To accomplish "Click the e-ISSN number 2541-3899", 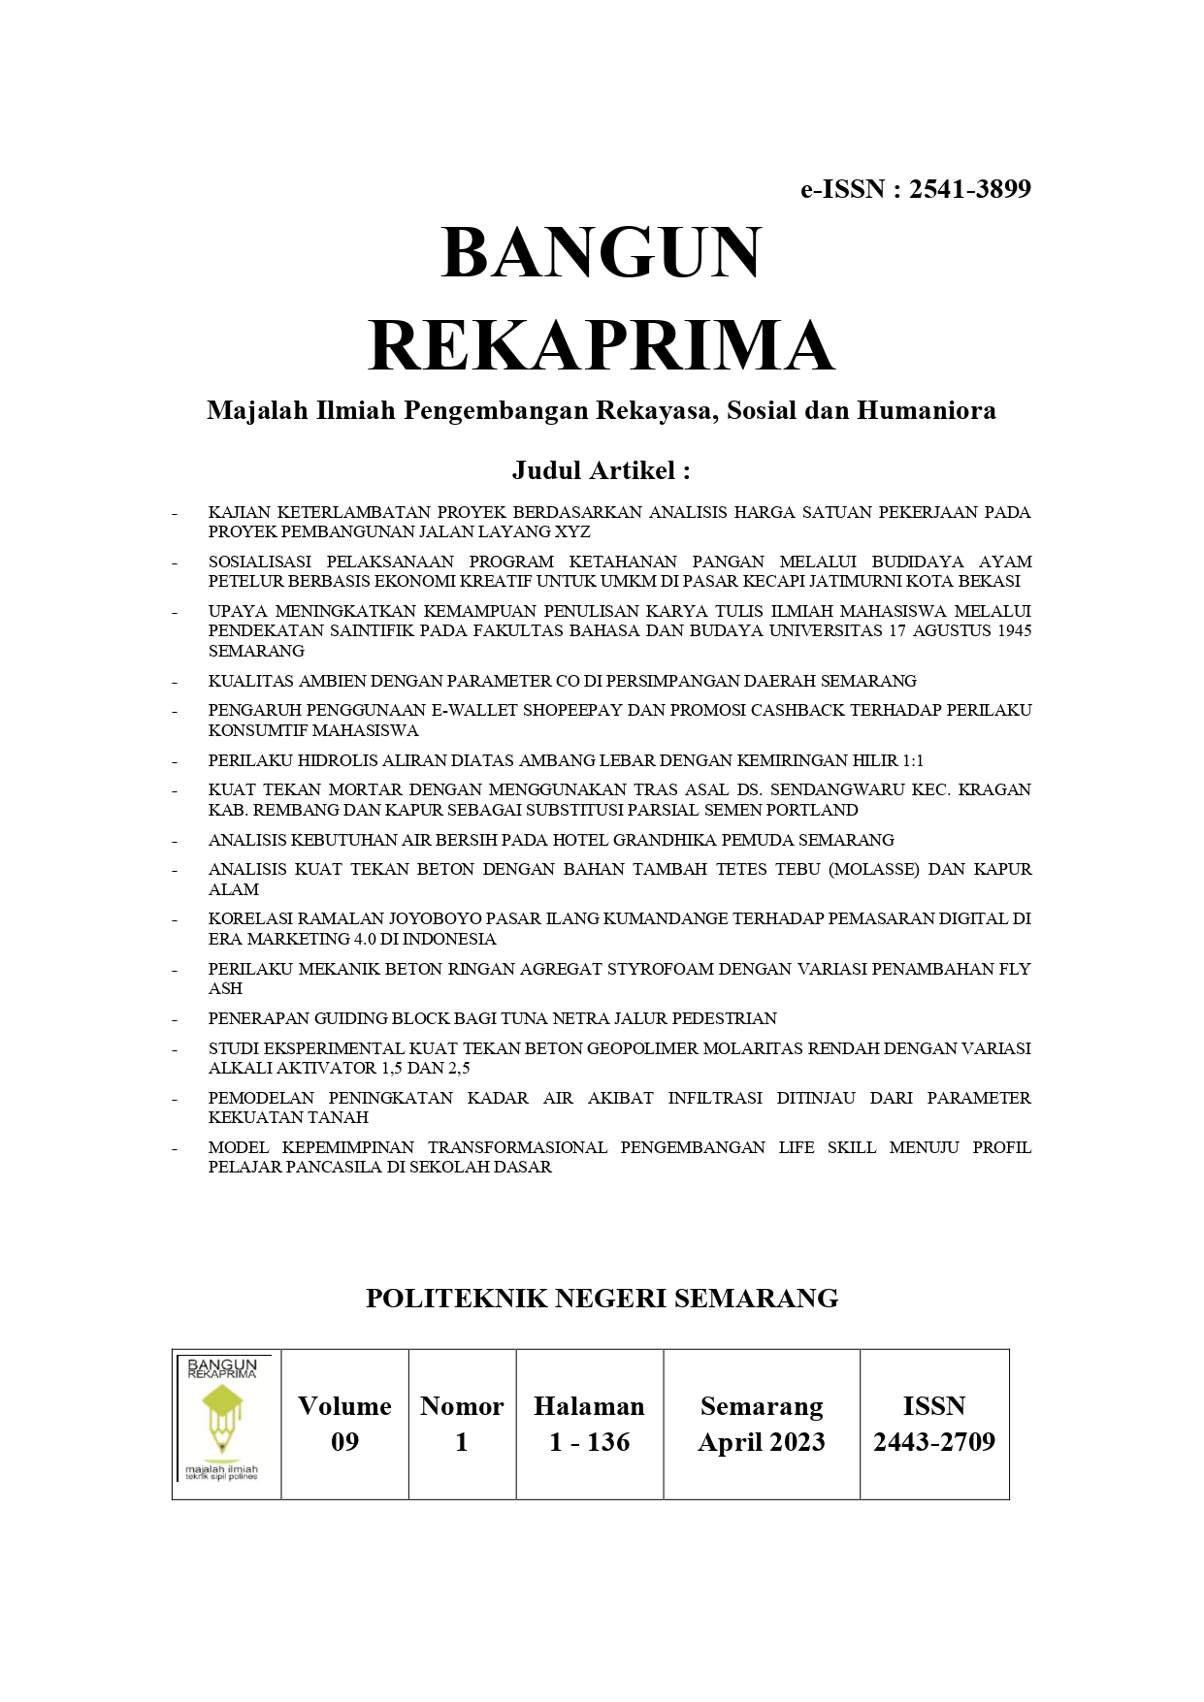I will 969,189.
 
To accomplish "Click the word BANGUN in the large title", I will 602,252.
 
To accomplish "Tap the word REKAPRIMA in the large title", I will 602,345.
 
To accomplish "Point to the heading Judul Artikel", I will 601,471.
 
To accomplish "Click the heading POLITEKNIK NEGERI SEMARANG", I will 602,1299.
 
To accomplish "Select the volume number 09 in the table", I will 344,1442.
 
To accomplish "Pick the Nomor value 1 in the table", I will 462,1442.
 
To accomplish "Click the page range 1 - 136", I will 589,1442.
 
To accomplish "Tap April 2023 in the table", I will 762,1442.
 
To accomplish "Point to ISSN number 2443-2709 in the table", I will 934,1442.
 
